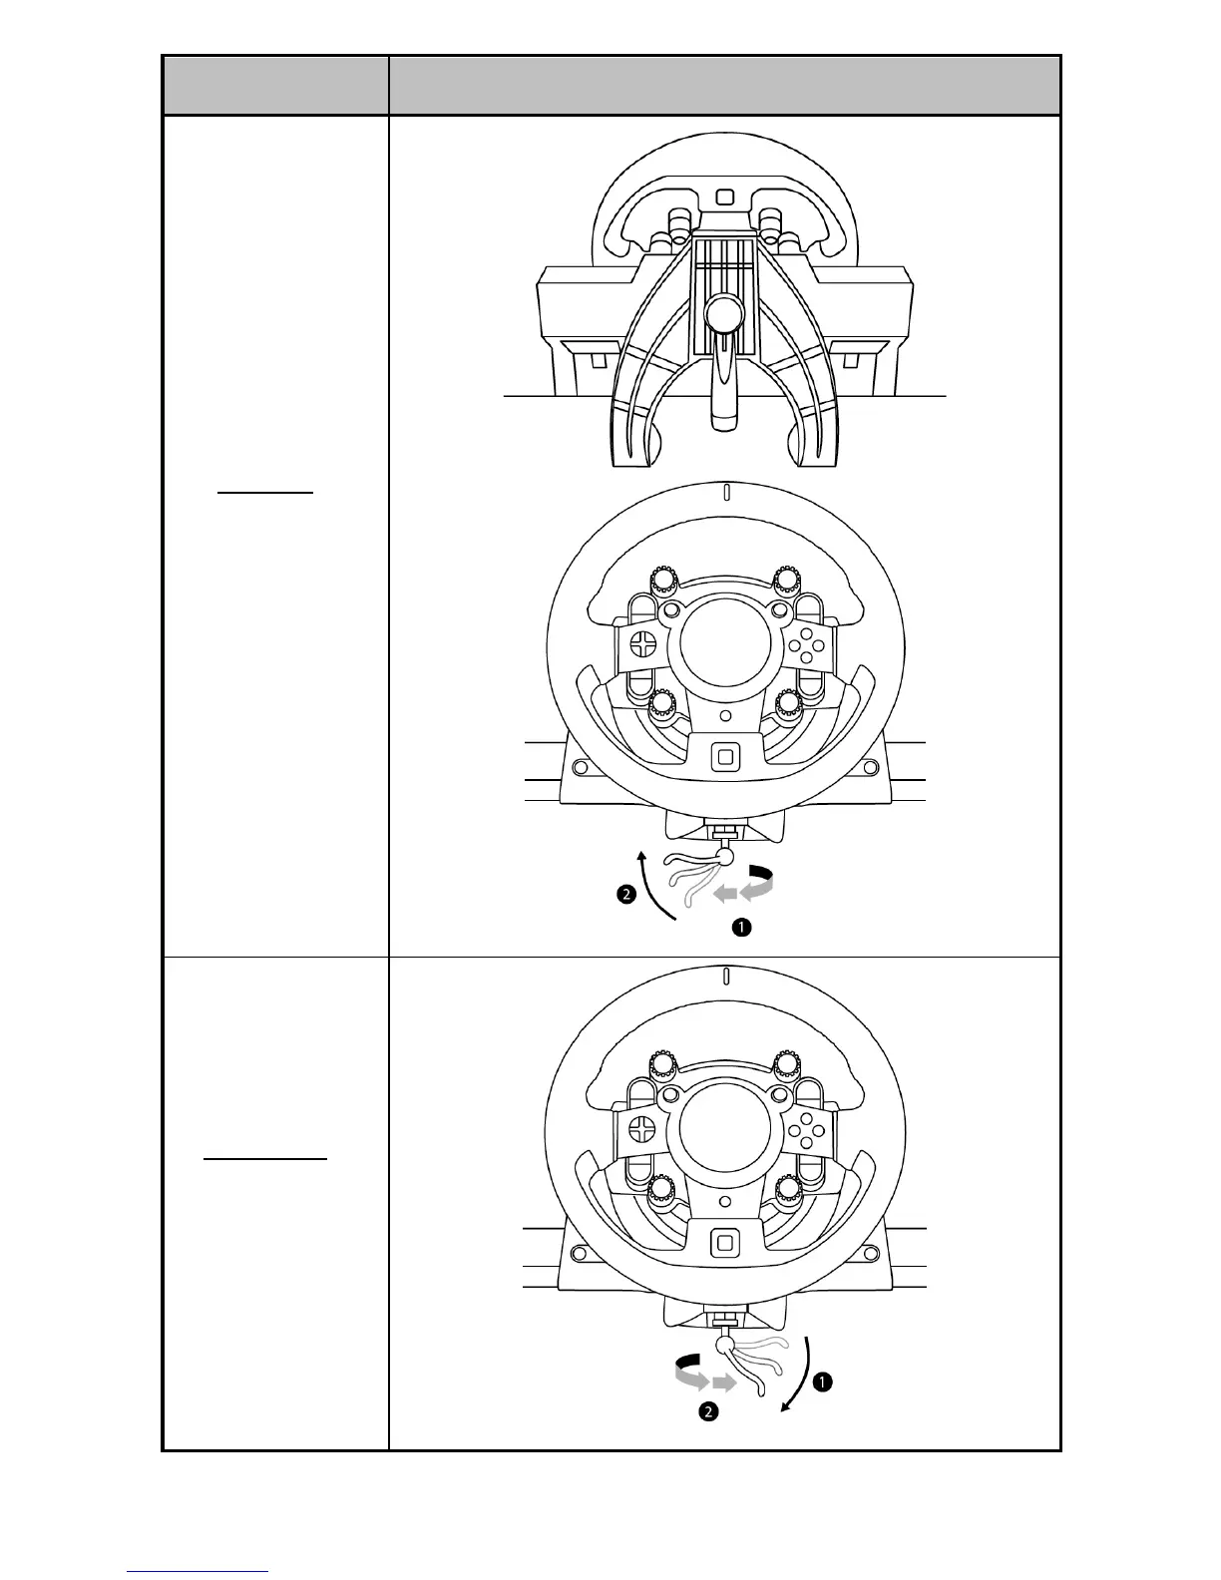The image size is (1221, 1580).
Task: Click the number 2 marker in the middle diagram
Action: click(x=625, y=896)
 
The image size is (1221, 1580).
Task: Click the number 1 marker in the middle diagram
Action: click(x=741, y=928)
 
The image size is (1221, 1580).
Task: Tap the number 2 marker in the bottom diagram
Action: click(x=707, y=1412)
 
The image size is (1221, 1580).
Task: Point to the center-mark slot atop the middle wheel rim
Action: click(x=727, y=492)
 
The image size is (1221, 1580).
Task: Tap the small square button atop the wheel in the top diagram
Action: click(x=725, y=197)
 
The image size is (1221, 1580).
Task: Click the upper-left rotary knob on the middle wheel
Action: click(x=661, y=580)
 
